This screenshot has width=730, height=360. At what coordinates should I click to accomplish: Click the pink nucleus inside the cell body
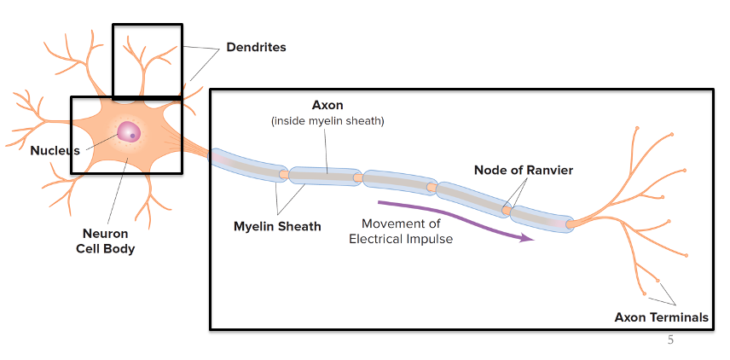[130, 132]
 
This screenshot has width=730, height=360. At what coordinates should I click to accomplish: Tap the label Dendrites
[256, 48]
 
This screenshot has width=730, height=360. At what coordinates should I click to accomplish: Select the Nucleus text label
[55, 151]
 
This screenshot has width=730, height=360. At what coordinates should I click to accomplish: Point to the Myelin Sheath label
[277, 227]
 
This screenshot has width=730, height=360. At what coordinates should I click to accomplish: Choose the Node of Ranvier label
[523, 171]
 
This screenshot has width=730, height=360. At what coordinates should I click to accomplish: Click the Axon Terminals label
[661, 317]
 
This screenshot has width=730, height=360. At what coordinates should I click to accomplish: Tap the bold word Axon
[327, 106]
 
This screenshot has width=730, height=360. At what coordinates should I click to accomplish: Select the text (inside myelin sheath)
[327, 121]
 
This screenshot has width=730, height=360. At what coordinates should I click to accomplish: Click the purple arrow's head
[528, 238]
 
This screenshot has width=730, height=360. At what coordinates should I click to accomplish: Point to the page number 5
[669, 340]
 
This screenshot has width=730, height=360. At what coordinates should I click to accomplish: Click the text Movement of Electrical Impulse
[401, 231]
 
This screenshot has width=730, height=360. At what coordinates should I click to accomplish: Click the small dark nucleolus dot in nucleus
[133, 135]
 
